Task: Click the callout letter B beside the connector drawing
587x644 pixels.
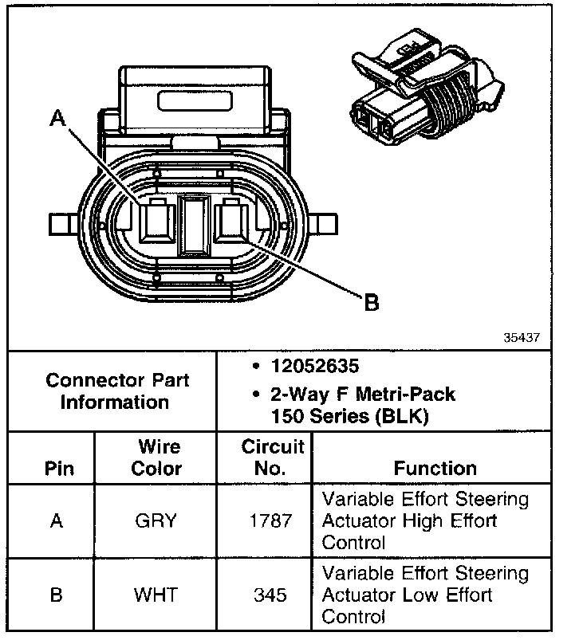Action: click(x=371, y=302)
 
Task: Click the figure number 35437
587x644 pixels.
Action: click(x=522, y=337)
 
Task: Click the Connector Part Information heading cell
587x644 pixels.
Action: click(x=116, y=391)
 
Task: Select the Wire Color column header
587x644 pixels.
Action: click(x=156, y=457)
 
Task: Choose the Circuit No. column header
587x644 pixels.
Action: click(x=273, y=457)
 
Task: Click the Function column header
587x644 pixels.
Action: click(x=435, y=468)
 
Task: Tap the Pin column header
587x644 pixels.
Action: click(x=57, y=468)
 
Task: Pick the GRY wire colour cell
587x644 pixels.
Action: click(x=156, y=521)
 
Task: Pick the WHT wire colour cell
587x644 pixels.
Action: click(x=156, y=595)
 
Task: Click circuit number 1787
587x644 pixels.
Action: click(x=273, y=521)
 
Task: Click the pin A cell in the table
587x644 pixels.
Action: click(x=57, y=521)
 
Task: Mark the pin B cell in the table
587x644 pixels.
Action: click(x=57, y=595)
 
